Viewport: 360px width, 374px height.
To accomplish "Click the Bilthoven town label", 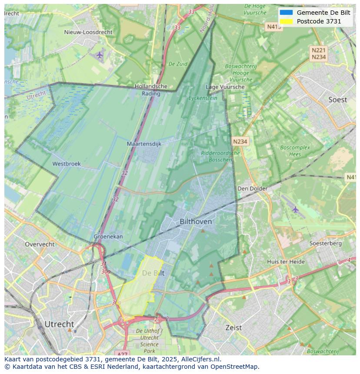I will click(x=196, y=222).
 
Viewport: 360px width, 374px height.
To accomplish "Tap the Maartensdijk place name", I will click(x=144, y=144).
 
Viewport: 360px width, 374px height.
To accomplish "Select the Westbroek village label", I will click(x=67, y=164).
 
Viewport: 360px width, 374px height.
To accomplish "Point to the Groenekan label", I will click(x=108, y=237).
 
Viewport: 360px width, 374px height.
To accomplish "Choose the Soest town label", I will click(x=337, y=100).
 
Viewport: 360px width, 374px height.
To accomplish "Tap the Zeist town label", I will click(x=233, y=328).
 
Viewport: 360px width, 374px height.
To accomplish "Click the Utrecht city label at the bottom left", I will click(x=59, y=324).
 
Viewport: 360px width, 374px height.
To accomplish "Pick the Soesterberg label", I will click(x=325, y=243).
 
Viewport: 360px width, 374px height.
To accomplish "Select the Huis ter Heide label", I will click(x=286, y=261).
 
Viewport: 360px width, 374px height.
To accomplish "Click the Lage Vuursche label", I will click(x=225, y=87).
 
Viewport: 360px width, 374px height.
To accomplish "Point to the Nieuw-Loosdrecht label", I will click(x=88, y=32).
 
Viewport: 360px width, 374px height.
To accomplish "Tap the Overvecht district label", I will click(x=40, y=244).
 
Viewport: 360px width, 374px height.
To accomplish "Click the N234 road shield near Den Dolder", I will click(x=240, y=142).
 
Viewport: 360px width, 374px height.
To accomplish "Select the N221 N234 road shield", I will click(x=319, y=53).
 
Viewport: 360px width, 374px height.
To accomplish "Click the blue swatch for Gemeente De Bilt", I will click(x=286, y=13).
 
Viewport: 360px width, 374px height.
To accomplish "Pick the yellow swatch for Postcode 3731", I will click(x=286, y=21).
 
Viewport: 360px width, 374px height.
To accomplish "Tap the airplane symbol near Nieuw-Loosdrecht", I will click(x=100, y=55).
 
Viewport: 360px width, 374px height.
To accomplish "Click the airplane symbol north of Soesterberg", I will click(x=296, y=209).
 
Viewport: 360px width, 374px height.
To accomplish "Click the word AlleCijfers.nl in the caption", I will click(x=200, y=359).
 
